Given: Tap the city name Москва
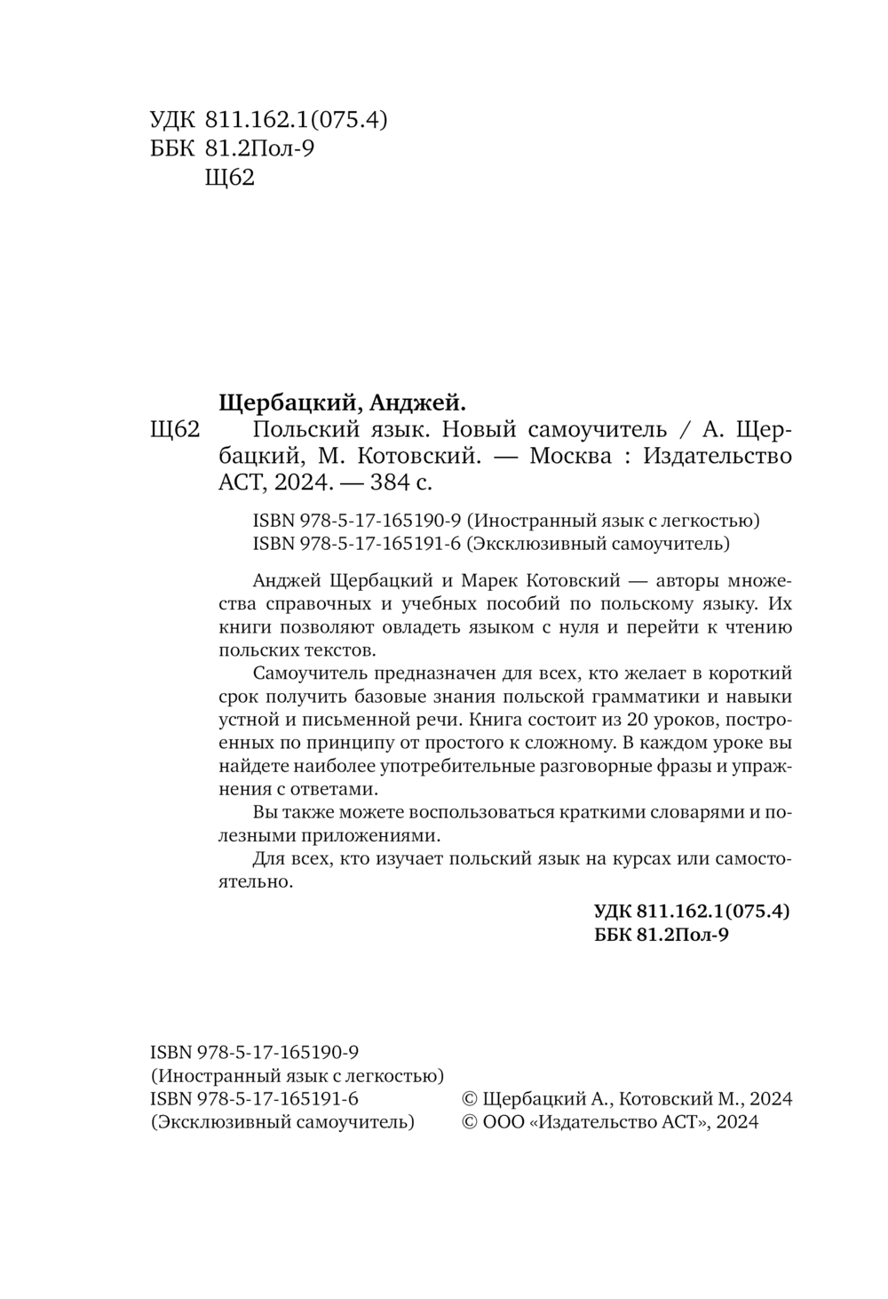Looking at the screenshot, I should (570, 457).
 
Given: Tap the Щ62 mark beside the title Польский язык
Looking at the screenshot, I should (175, 431).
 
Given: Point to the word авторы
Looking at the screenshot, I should (689, 581).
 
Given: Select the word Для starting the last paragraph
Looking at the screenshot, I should (268, 859).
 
